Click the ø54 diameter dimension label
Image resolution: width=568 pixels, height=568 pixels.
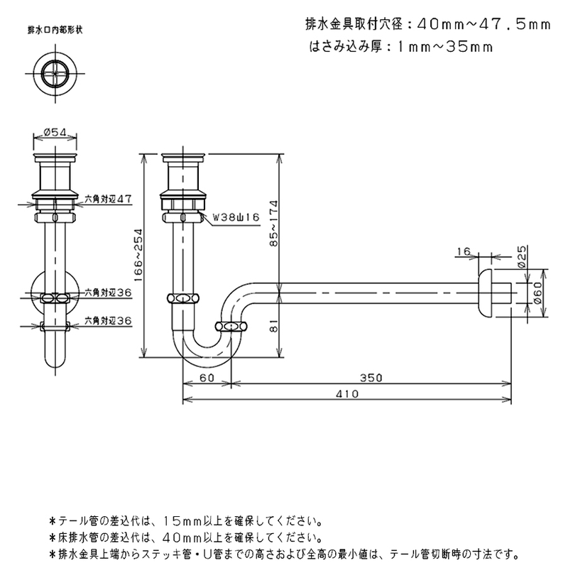click(x=55, y=133)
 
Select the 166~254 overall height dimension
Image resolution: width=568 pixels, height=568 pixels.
click(x=138, y=255)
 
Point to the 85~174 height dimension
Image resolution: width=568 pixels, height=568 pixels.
click(x=274, y=223)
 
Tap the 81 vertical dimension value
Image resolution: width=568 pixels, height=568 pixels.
click(x=274, y=325)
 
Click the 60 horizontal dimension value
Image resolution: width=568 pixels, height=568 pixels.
click(x=207, y=378)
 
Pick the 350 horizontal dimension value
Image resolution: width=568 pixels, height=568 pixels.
click(x=371, y=378)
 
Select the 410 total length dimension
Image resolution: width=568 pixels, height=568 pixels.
click(x=347, y=394)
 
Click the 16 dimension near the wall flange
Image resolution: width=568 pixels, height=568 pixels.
click(x=464, y=251)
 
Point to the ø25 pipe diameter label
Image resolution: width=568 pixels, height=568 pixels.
click(x=522, y=256)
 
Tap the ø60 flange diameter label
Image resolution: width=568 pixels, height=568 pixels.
click(x=537, y=293)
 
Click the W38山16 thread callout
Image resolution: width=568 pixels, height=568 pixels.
click(x=236, y=217)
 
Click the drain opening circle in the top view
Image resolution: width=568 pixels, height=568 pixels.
click(x=55, y=73)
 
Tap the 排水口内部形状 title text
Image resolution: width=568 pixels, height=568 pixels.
click(x=55, y=30)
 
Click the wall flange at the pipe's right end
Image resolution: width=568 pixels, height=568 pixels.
click(x=485, y=294)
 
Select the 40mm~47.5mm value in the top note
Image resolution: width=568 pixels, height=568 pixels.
click(x=484, y=25)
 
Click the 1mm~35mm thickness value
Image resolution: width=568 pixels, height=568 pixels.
click(x=445, y=47)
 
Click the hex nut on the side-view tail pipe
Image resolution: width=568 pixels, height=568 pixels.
click(x=183, y=298)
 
